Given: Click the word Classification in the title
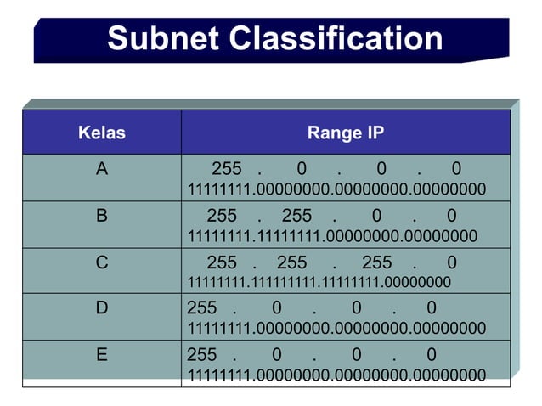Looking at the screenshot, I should click(336, 39).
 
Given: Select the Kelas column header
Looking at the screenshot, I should click(101, 133).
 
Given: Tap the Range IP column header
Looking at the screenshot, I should click(345, 133).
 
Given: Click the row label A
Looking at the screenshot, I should click(102, 169).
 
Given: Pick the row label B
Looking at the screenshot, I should click(102, 216).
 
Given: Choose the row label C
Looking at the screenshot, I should click(102, 262).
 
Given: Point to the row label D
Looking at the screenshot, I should click(102, 307).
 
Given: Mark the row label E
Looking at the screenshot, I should click(102, 354).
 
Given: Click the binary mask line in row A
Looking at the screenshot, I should click(336, 189).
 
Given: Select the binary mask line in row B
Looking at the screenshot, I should click(332, 235).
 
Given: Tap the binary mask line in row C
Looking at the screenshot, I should click(319, 282).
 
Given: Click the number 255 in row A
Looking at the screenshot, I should click(227, 169).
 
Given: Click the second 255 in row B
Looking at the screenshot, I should click(296, 216).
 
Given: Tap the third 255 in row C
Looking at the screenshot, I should click(377, 262).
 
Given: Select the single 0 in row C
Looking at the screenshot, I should click(451, 262).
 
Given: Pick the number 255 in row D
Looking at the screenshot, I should click(202, 307).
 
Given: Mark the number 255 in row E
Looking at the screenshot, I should click(202, 354).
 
